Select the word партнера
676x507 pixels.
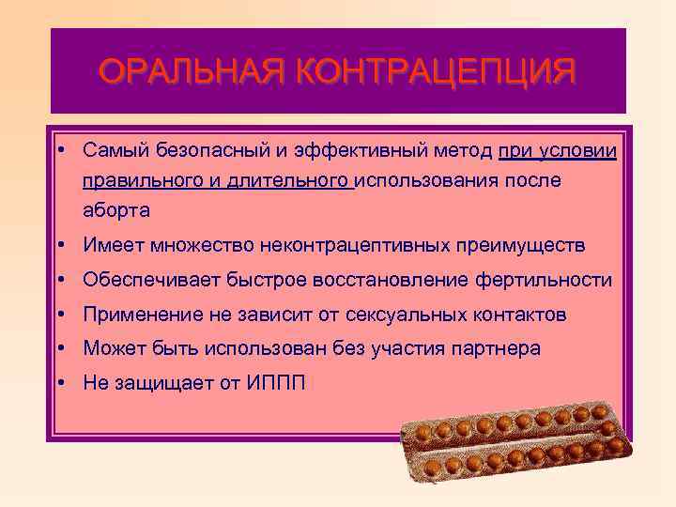tap(494, 348)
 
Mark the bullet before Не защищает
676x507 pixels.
tap(59, 382)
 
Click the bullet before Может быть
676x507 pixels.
tap(59, 348)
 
